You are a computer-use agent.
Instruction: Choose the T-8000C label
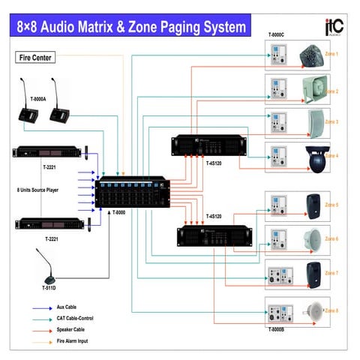click(x=282, y=36)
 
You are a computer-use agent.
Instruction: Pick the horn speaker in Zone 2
click(x=313, y=90)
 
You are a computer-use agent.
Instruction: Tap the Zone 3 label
click(x=331, y=121)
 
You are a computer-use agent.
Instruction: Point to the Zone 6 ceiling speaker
click(x=313, y=239)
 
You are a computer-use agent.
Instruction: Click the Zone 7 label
click(x=331, y=273)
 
